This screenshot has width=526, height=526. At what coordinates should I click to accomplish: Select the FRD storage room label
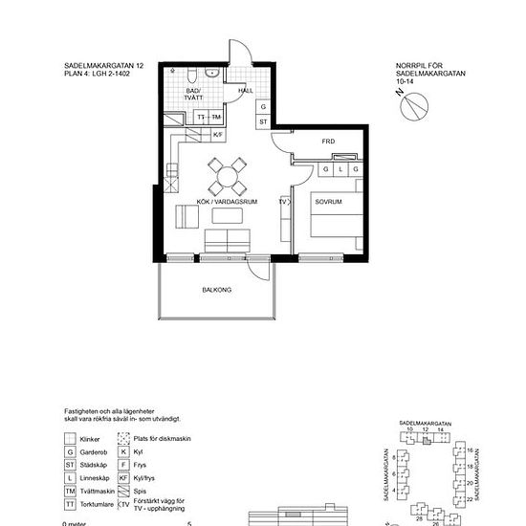pos(328,142)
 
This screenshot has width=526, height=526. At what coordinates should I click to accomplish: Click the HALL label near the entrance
pos(246,90)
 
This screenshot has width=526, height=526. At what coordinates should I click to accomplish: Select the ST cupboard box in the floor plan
pos(263,122)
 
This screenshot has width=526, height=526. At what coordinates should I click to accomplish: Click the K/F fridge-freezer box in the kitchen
pos(217,135)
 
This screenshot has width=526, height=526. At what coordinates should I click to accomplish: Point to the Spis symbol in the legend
pos(123,490)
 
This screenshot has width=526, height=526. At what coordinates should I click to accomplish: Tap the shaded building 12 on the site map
pos(427,440)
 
